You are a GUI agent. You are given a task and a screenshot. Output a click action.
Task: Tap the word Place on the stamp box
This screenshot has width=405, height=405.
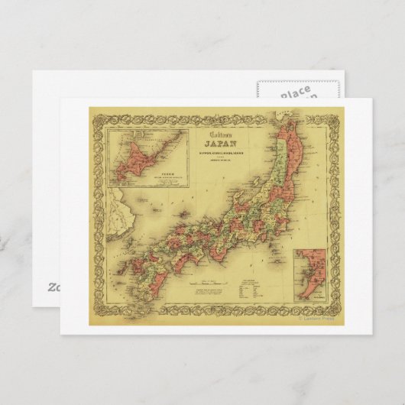click(295, 93)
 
